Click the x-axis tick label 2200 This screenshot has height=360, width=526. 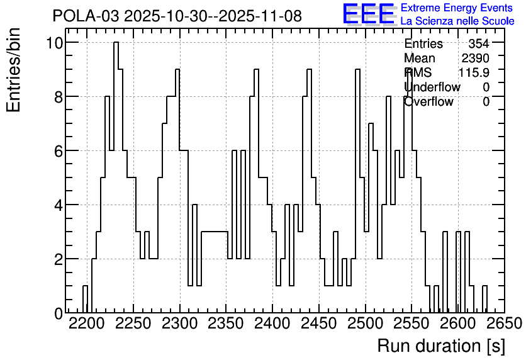pos(87,323)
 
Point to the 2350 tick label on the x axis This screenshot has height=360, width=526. pos(226,323)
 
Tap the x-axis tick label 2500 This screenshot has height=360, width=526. pos(366,323)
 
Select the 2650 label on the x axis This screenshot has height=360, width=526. pos(505,323)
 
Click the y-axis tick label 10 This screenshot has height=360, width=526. pos(54,43)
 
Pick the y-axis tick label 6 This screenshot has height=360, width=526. pos(59,151)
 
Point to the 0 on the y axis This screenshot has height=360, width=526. pos(59,313)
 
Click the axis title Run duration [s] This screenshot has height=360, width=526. pos(441,346)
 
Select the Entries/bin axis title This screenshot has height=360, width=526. pos(13,70)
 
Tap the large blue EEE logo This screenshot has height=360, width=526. pos(368,14)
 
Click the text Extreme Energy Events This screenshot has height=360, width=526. pos(457,8)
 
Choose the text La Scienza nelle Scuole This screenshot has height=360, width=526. pos(457,21)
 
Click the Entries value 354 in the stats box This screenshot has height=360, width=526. pos(479,43)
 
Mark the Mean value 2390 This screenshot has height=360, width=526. pos(475,58)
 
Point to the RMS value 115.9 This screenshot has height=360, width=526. pos(474,72)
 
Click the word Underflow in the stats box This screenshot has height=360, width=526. pos(432,87)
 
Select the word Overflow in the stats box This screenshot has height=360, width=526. pos(428,101)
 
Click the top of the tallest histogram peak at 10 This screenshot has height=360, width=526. pos(116,42)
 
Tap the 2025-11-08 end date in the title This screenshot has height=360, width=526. pos(260,16)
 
